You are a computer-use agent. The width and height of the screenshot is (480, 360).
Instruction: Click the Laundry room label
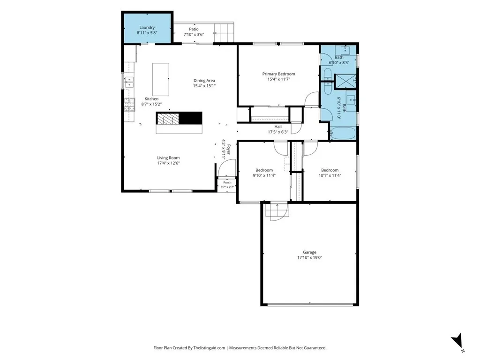coord(147,28)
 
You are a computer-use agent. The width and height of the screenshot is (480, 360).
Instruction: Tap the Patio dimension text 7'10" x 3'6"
coord(194,35)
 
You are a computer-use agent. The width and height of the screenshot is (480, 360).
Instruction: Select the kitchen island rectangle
coord(161,80)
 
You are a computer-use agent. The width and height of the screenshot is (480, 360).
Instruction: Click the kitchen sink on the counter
coord(129,82)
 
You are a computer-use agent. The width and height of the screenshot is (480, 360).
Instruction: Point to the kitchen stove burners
coord(129,105)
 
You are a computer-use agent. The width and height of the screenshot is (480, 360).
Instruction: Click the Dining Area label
coord(204,81)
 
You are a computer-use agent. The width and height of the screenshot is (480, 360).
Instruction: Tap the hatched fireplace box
coord(167,118)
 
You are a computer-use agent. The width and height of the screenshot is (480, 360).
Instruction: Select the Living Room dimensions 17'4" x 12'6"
coord(168,163)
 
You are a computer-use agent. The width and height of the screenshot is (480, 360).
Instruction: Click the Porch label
coord(227,182)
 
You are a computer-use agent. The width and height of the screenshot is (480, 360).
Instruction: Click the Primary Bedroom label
coord(278,74)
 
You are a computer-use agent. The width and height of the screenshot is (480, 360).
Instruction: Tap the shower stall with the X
coord(345,81)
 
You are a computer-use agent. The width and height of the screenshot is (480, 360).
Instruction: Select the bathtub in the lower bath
coord(343,134)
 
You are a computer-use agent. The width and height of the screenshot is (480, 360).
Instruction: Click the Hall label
coord(278,127)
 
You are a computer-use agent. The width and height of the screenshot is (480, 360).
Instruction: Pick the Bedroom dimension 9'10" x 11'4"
coord(264,175)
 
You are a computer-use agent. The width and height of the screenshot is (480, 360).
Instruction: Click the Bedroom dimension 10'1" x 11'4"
coord(330,175)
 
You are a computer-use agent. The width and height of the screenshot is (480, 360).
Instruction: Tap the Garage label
coord(309,252)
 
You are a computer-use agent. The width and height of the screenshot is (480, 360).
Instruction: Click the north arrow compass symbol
coord(457,341)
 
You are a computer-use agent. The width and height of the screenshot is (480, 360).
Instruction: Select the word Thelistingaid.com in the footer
coord(209,348)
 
